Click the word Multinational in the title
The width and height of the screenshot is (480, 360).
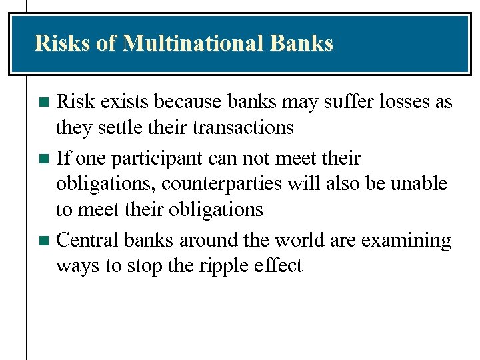click(194, 43)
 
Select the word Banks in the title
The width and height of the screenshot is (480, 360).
click(301, 43)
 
